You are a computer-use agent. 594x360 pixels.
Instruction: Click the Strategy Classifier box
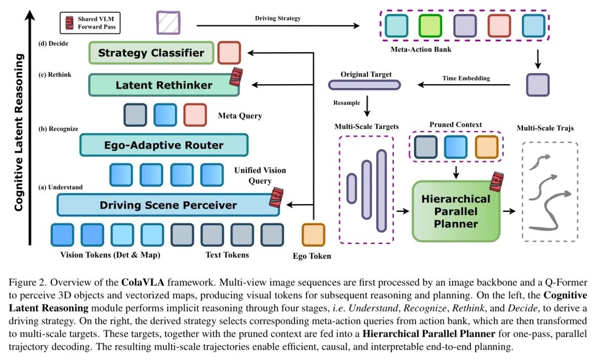pyautogui.click(x=151, y=53)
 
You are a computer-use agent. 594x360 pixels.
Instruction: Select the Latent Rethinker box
pyautogui.click(x=156, y=85)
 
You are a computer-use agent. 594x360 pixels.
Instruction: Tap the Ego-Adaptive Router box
pyautogui.click(x=163, y=145)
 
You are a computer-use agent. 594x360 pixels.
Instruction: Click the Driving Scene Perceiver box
pyautogui.click(x=168, y=205)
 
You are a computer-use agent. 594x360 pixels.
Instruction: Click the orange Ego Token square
pyautogui.click(x=313, y=234)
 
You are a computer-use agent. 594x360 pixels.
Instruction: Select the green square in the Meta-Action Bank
pyautogui.click(x=430, y=25)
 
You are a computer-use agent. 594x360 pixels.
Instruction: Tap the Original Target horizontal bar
pyautogui.click(x=364, y=85)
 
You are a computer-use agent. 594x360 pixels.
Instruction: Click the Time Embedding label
pyautogui.click(x=466, y=78)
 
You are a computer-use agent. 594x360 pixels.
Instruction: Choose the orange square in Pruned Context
pyautogui.click(x=486, y=147)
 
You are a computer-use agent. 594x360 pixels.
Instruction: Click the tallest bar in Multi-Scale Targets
pyautogui.click(x=381, y=190)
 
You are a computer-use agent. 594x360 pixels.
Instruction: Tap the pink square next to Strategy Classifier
pyautogui.click(x=229, y=52)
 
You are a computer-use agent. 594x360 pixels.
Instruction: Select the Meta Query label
pyautogui.click(x=240, y=116)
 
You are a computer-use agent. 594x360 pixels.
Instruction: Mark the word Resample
pyautogui.click(x=346, y=103)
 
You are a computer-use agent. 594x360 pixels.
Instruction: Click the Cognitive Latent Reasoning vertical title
pyautogui.click(x=19, y=132)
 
